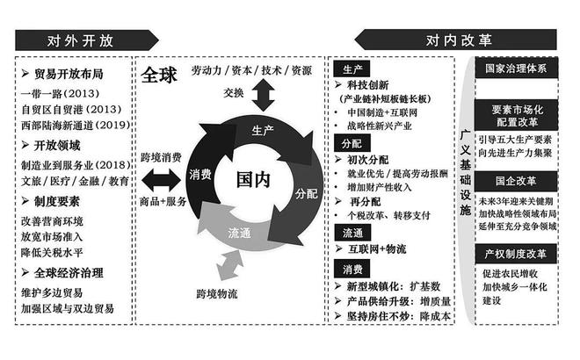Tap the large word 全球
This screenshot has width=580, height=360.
(159, 75)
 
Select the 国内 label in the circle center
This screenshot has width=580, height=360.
(253, 180)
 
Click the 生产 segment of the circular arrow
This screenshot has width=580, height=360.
(263, 130)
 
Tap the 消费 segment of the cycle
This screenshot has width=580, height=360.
(200, 174)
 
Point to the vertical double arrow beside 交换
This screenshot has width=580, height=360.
(263, 95)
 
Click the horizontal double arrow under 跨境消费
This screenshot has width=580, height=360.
(161, 180)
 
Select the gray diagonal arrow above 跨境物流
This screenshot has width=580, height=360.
(229, 265)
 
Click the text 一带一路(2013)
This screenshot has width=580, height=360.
(61, 93)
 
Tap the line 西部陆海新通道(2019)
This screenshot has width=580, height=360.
(76, 125)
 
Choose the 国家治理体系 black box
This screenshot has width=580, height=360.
(516, 68)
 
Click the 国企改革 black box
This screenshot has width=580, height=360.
(516, 181)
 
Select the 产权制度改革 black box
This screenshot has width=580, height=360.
(516, 254)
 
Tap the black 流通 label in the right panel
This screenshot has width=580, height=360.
(352, 233)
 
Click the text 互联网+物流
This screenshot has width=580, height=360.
(377, 249)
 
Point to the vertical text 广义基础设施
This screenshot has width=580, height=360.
(466, 173)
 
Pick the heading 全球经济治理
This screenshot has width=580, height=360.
(69, 273)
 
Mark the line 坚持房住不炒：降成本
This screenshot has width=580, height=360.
(399, 316)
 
